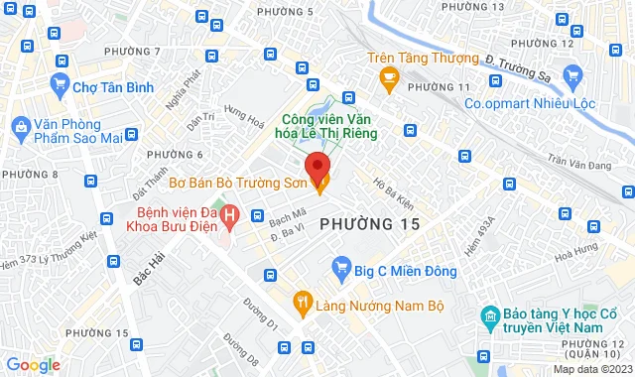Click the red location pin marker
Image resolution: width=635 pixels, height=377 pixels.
(x=317, y=166)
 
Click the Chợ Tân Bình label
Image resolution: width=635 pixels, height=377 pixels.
(x=112, y=87)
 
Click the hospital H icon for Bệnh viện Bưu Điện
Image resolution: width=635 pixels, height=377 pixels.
(x=230, y=213)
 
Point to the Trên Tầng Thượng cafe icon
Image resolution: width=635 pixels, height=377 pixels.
(x=389, y=75)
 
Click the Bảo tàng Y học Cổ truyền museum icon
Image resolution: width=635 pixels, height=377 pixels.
(x=489, y=317)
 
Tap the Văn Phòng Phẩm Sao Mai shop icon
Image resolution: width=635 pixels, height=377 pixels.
(x=19, y=125)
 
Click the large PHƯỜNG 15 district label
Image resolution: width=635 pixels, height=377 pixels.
(x=370, y=225)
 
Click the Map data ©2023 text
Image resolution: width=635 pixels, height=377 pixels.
(x=591, y=370)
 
